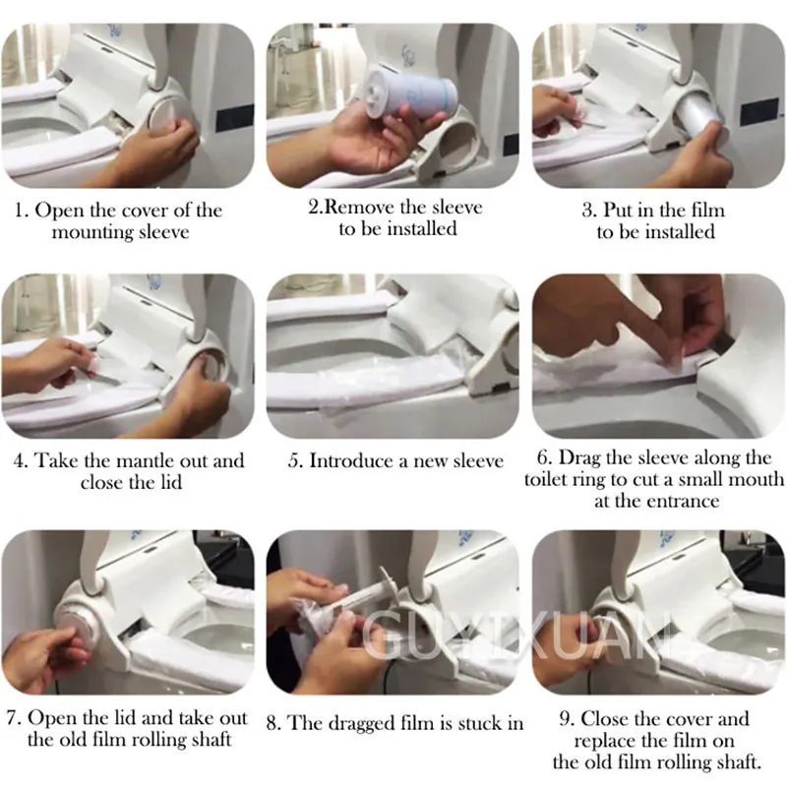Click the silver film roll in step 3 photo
click(x=697, y=119)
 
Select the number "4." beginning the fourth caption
click(x=21, y=460)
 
